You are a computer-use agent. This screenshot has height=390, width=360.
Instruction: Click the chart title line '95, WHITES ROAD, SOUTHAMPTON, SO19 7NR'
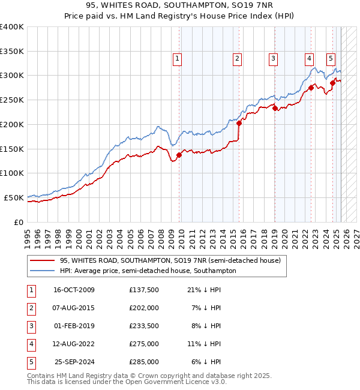[179, 6]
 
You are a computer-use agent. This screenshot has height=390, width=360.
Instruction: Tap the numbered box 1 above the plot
[178, 59]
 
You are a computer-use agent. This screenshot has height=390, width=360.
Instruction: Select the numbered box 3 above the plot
[273, 59]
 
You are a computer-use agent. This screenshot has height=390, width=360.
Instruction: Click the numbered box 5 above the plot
[331, 59]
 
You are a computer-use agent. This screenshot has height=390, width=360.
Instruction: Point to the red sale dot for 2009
[179, 155]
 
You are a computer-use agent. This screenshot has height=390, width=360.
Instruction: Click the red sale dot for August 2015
[239, 123]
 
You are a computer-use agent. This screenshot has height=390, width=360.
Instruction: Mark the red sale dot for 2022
[311, 88]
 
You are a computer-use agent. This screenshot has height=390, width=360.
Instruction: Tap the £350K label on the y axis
[12, 51]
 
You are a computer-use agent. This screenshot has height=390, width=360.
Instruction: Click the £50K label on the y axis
[14, 197]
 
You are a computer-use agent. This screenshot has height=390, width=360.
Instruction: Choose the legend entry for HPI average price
[148, 271]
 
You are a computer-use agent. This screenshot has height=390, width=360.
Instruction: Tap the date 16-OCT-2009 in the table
[74, 290]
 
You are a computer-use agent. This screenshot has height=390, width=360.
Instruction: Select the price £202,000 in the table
[144, 308]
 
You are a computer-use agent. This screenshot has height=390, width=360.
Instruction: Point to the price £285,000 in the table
[144, 362]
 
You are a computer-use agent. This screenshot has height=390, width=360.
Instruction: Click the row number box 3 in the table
[31, 326]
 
